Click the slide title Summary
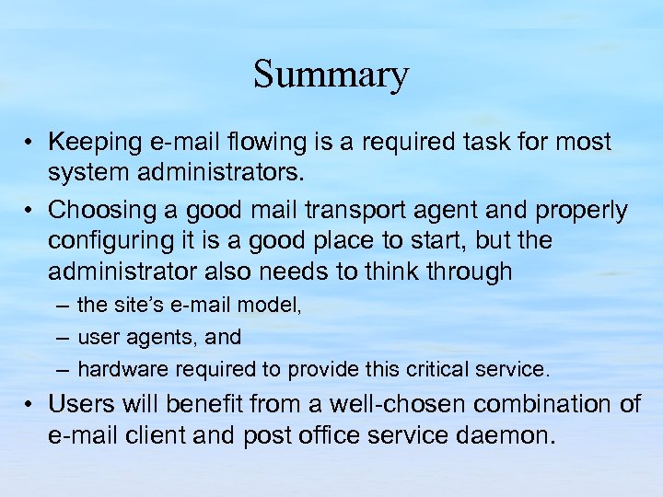point(331,74)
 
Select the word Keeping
point(89,142)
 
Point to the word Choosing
point(96,210)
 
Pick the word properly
point(579,211)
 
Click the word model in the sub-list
point(273,305)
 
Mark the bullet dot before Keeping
point(30,143)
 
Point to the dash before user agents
point(61,338)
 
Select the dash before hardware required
point(61,370)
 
